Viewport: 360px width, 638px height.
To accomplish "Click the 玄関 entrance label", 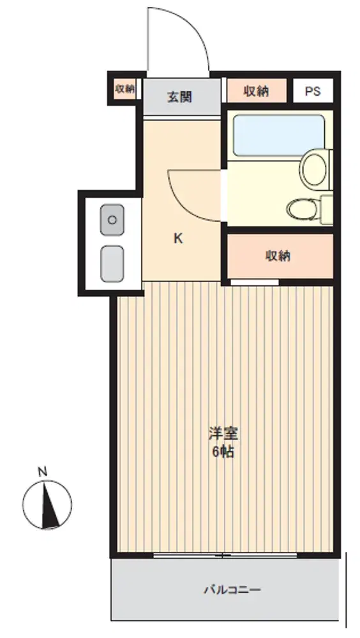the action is coord(179,97).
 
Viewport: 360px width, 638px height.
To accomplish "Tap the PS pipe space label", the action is coord(313,91).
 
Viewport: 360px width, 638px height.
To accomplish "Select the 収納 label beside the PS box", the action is coord(256,91).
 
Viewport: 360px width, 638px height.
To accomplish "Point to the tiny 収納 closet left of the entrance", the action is coord(125,89).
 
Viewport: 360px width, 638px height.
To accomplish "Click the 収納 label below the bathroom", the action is coord(278,256).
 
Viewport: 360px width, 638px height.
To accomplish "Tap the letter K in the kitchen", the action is coord(178,239).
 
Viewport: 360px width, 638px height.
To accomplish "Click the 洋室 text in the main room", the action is coord(223,433).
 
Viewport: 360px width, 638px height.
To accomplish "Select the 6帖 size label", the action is coord(223,452).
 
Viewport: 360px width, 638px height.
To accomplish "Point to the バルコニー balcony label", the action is coord(232,589).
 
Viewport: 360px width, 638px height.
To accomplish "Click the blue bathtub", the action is coord(279,135).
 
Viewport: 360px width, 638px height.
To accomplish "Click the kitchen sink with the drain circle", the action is coord(112,219).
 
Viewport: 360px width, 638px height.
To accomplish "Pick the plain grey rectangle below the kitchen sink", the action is coord(112,263).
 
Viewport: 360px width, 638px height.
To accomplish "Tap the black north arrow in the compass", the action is coord(49,505).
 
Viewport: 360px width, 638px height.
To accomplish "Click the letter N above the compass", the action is coord(42,472).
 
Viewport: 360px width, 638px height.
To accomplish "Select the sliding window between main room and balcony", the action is coord(225,555).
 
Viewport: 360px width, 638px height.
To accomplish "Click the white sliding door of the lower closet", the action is coord(255,282).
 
